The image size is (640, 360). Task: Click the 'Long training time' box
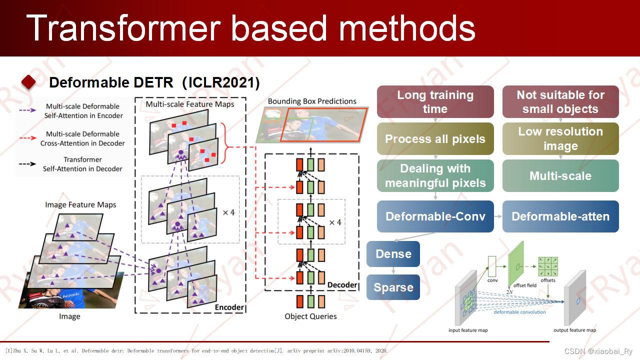[435, 102]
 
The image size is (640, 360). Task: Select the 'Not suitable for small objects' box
[560, 102]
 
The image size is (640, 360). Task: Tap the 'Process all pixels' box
[435, 139]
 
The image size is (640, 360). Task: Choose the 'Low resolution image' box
[560, 139]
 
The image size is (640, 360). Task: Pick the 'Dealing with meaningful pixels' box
[435, 176]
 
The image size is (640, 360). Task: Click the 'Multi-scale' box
[560, 176]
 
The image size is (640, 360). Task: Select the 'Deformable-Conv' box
[435, 216]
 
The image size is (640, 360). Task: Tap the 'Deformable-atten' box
[560, 216]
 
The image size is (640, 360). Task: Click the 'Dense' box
[393, 254]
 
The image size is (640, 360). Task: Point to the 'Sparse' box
[393, 287]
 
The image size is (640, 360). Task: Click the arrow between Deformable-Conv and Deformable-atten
[498, 216]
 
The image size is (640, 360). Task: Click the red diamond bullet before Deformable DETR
[28, 82]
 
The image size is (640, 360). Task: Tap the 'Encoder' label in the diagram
[229, 307]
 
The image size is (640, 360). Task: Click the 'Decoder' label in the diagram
[342, 285]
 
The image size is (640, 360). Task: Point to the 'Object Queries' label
[310, 316]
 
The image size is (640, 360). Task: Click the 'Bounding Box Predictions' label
[312, 101]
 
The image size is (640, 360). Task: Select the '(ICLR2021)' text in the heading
[221, 82]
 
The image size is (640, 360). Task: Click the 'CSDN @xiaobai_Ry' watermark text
[598, 351]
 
